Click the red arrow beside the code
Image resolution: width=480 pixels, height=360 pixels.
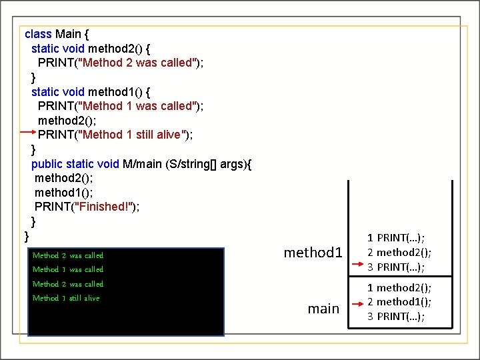point(27,133)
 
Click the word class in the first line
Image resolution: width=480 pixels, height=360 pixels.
point(38,33)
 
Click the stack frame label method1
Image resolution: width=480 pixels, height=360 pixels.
point(313,252)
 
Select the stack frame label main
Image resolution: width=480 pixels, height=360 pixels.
point(323,308)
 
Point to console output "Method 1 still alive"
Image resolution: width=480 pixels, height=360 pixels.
point(66,298)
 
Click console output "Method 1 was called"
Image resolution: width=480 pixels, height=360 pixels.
point(68,269)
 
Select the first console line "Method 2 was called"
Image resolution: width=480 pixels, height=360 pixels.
point(68,255)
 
